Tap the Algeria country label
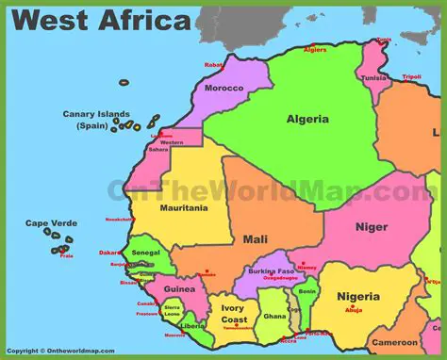click(x=307, y=119)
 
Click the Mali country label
click(x=255, y=239)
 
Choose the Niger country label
click(x=371, y=227)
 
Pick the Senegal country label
click(x=145, y=253)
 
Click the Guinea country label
click(x=179, y=289)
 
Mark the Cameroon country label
click(x=395, y=342)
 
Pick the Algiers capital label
click(x=315, y=49)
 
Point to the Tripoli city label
click(x=411, y=76)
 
